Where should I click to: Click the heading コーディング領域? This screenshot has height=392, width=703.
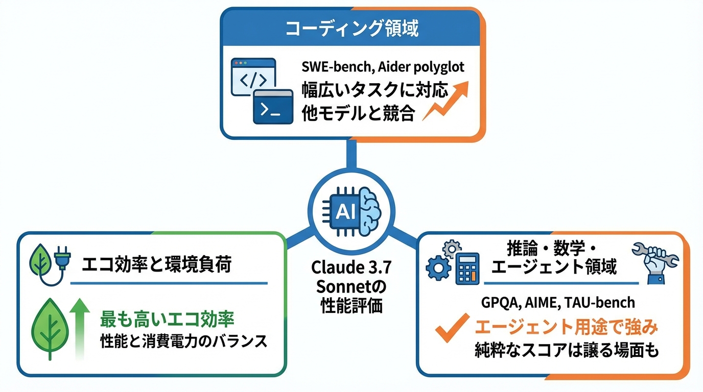point(351,29)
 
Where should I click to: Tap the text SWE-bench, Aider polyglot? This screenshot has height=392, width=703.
point(382,68)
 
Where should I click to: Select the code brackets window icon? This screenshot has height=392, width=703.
point(253,77)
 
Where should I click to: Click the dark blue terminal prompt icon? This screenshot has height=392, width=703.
point(273,107)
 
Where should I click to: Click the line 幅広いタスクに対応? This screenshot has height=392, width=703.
point(375,90)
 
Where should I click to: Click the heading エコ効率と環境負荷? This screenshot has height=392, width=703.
point(156,265)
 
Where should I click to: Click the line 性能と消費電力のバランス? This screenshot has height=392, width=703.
point(183,341)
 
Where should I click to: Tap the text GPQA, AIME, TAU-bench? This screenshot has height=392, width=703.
point(558,302)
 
